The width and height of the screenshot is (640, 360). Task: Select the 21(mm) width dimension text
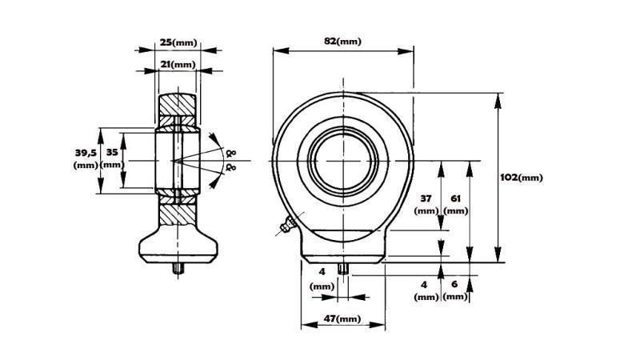click(x=177, y=64)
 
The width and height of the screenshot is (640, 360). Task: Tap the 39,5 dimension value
click(x=85, y=152)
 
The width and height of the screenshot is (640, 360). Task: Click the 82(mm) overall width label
click(x=342, y=41)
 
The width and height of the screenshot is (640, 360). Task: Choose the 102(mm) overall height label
click(x=523, y=177)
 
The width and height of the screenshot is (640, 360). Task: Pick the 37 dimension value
click(x=427, y=198)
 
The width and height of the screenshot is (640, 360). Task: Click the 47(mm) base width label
click(x=342, y=319)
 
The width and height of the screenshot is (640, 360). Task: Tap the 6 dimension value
click(x=455, y=284)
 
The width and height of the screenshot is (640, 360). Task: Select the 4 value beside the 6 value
click(x=425, y=284)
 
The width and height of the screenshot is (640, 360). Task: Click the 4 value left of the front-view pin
click(x=321, y=273)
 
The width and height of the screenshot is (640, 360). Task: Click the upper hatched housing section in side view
click(x=177, y=105)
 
